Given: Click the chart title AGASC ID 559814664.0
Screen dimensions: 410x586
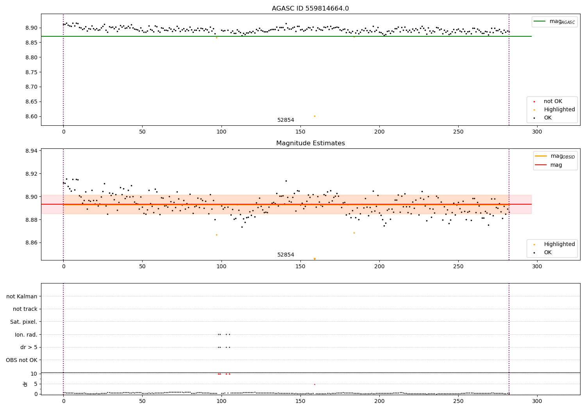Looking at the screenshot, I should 310,9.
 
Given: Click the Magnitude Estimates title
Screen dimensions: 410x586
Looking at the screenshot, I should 310,143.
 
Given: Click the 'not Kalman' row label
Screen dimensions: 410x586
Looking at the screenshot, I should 22,296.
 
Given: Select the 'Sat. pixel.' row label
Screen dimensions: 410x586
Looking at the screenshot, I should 23,322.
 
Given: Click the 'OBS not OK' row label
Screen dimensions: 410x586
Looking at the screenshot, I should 21,360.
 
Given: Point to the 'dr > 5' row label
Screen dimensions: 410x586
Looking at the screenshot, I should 29,347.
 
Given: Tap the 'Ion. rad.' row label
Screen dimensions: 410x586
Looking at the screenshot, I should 26,335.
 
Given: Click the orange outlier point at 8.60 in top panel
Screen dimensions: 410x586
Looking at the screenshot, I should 314,116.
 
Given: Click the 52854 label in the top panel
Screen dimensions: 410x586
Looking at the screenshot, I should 286,120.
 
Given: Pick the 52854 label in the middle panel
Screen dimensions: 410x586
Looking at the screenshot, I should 286,255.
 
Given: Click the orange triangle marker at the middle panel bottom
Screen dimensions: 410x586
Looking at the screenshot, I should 314,259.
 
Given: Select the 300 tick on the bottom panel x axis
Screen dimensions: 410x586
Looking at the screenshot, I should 537,401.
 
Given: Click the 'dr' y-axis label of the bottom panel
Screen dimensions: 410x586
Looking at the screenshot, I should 25,384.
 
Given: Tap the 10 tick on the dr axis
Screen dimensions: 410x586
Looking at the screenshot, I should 34,374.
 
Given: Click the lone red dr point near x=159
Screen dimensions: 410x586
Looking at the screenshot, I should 314,384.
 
